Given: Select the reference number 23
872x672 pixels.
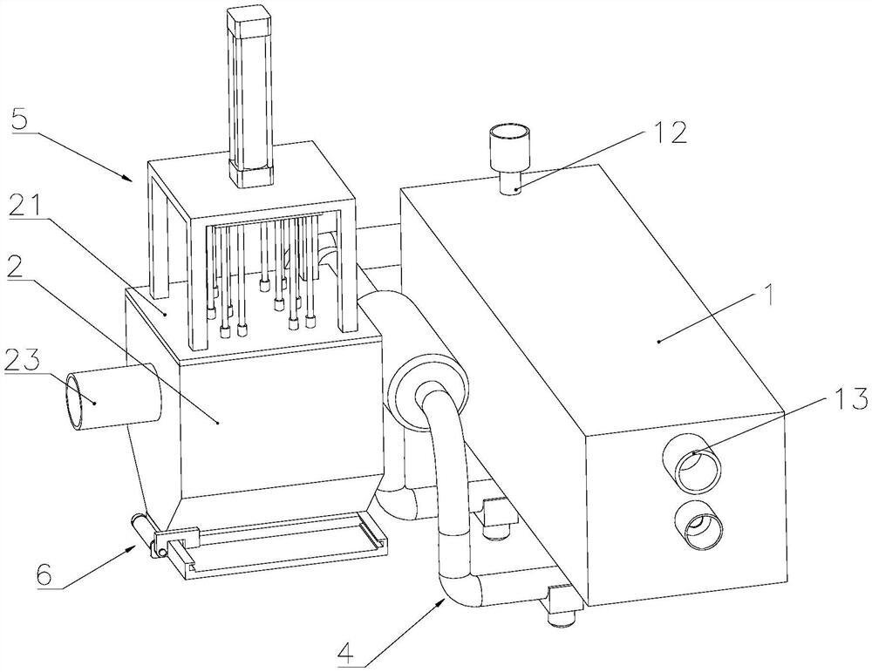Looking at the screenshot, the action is click(x=22, y=362).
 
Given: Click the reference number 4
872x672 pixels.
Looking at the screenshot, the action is click(x=345, y=653).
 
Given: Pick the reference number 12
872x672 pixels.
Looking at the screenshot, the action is click(x=670, y=132).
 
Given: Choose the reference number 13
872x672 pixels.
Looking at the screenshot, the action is click(x=849, y=398).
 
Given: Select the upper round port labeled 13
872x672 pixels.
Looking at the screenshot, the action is click(x=696, y=463).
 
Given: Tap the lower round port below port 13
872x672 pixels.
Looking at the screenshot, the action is click(x=698, y=526).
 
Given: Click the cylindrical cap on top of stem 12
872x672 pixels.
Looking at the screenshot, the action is click(x=509, y=148).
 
